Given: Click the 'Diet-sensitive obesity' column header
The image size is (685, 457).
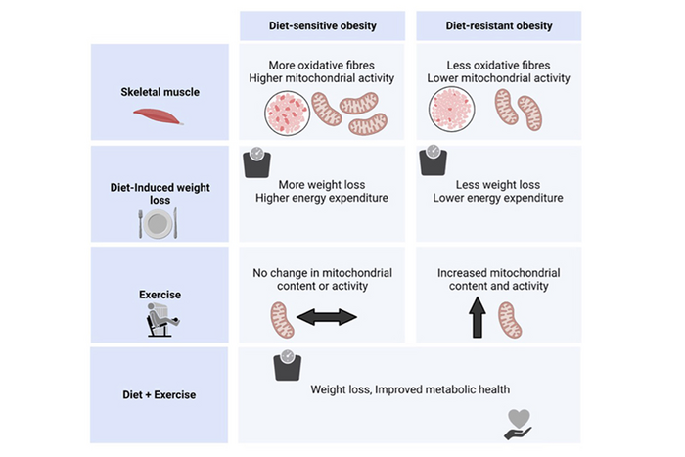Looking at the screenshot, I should tap(322, 26).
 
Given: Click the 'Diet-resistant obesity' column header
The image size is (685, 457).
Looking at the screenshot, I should tap(498, 26).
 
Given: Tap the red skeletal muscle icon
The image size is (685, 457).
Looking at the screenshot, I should tap(158, 116).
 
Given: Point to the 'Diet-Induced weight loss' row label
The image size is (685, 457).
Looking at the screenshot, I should tap(158, 192).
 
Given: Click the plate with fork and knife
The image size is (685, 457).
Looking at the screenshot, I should tap(158, 225).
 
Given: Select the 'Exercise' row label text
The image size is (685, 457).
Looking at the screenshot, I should tap(158, 292).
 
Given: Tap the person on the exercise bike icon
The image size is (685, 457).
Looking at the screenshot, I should tap(158, 319).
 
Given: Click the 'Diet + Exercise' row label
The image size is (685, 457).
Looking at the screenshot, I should tap(159, 394).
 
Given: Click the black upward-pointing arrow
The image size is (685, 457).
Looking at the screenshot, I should tap(478, 318).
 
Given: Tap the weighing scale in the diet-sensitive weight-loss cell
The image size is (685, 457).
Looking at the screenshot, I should tap(255, 161).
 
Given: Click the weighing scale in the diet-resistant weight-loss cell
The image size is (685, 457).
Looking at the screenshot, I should tap(433, 161).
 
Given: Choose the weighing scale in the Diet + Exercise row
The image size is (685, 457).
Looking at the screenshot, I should tap(287, 366).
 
